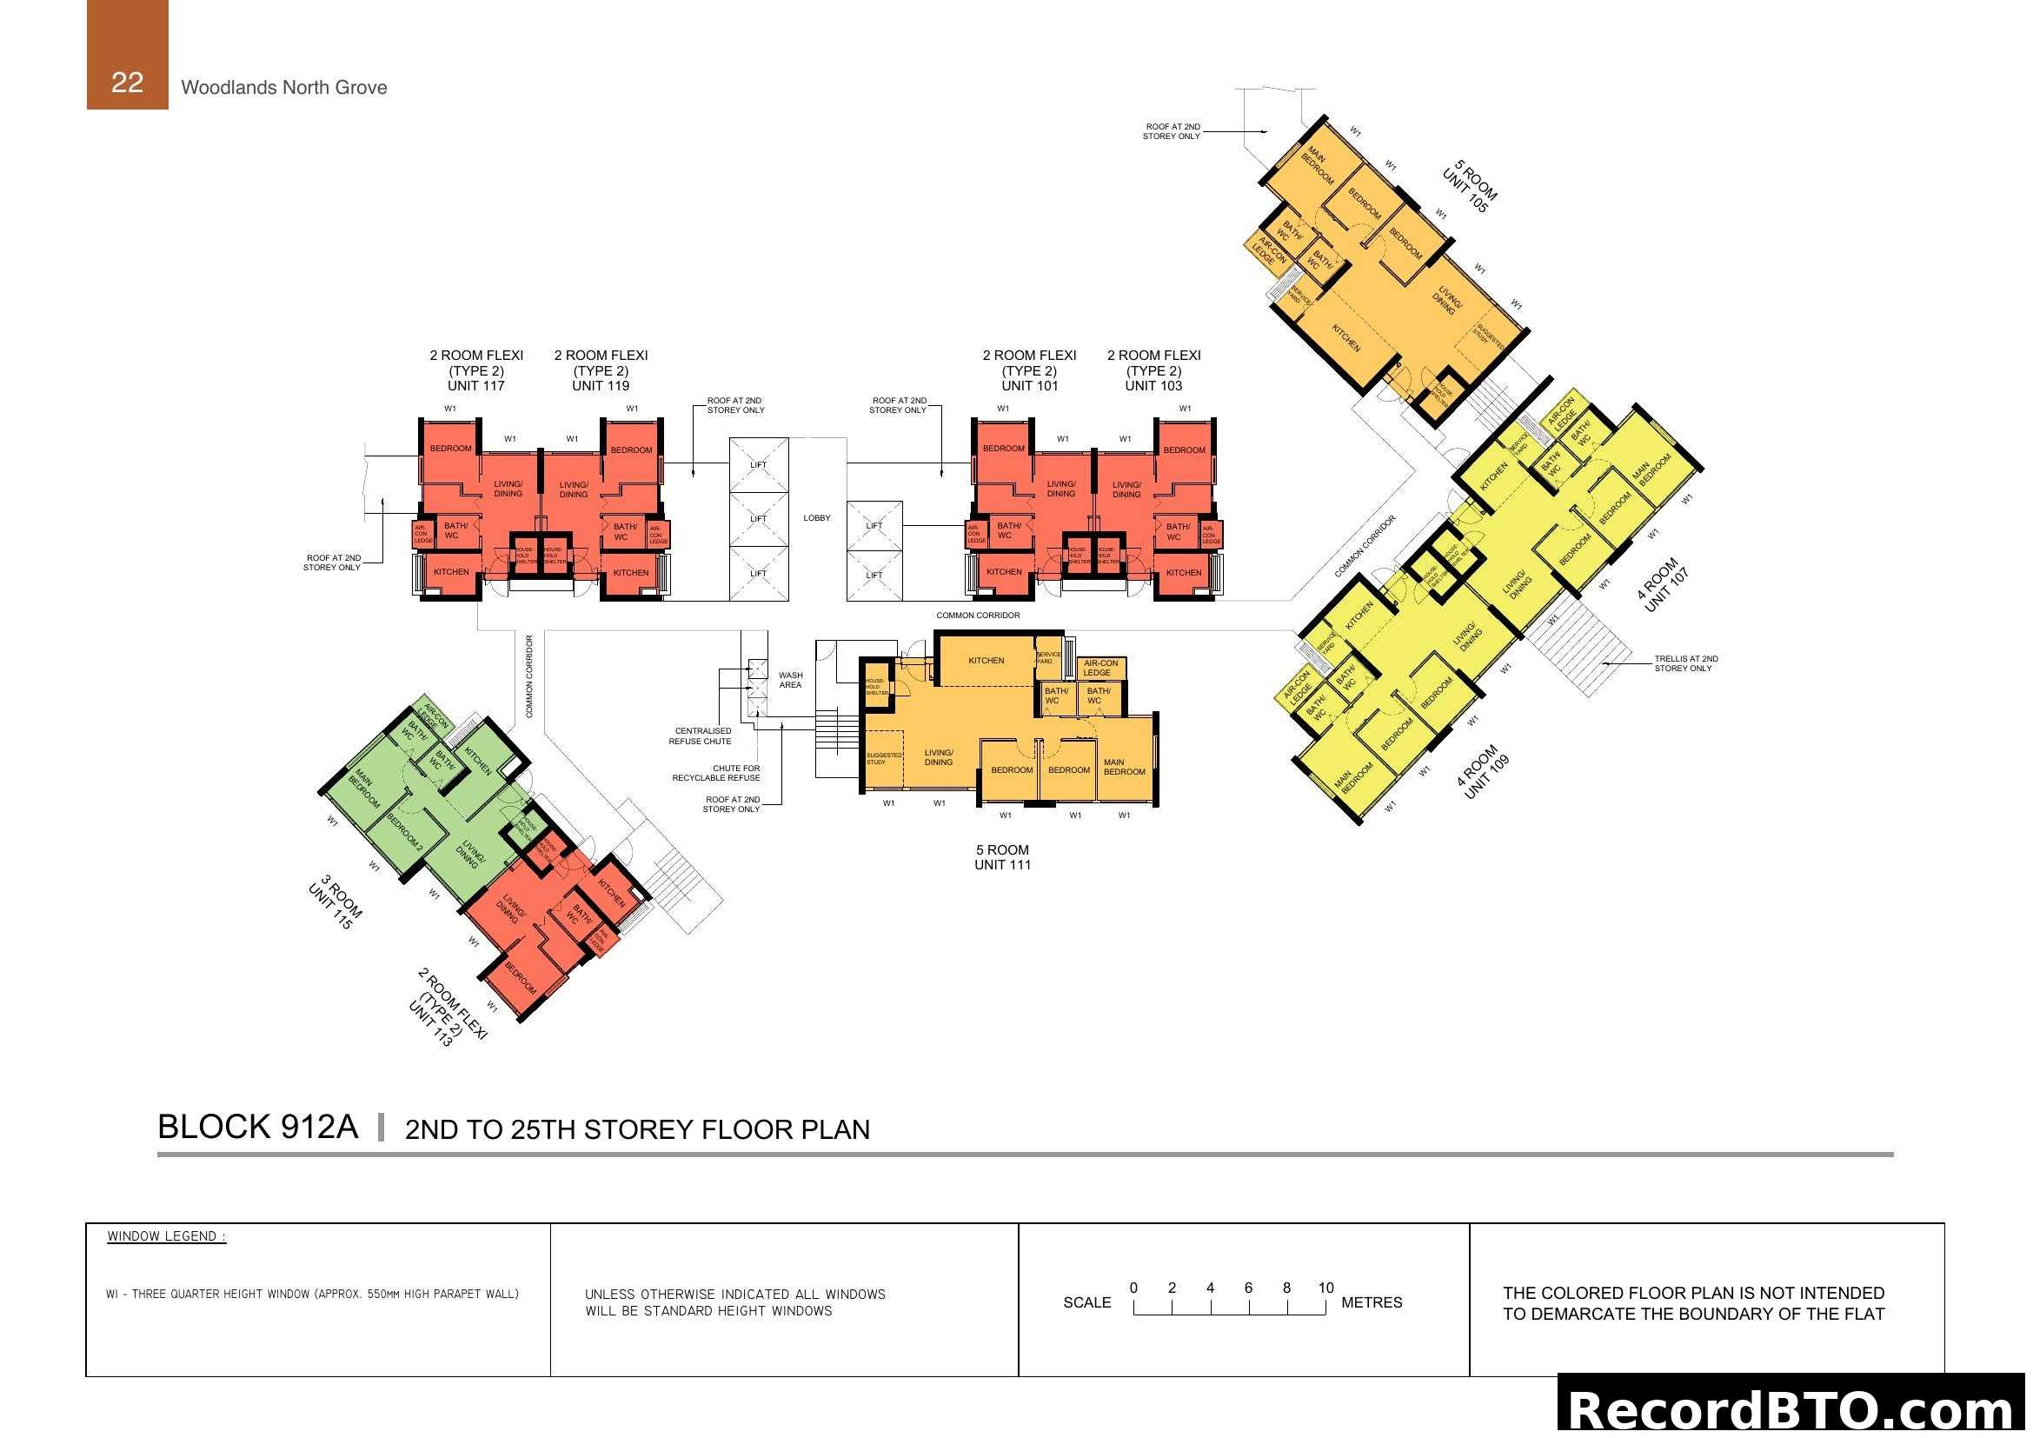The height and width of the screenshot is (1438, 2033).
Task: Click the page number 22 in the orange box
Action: point(127,83)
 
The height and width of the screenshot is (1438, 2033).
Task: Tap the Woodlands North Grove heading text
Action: point(283,88)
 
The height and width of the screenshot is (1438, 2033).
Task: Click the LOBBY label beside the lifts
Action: point(816,518)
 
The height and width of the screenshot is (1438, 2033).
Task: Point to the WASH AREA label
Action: point(790,680)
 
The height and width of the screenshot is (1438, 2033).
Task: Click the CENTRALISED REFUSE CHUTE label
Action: point(701,736)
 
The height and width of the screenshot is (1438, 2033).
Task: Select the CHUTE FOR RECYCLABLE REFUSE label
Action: point(716,773)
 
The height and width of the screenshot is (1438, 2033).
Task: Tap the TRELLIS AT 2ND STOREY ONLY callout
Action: point(1686,663)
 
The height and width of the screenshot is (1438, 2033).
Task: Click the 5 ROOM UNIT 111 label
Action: point(1002,857)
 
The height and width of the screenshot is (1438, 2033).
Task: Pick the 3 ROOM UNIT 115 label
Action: point(336,902)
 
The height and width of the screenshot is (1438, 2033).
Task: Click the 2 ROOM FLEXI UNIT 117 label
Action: point(476,370)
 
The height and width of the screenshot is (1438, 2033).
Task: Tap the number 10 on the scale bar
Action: point(1325,1288)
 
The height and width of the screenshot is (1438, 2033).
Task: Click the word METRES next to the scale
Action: point(1372,1302)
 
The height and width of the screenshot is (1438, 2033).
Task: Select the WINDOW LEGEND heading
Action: point(167,1236)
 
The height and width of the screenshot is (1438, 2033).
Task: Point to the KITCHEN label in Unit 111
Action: point(987,661)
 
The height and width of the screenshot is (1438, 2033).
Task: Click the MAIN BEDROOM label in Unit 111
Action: point(1124,767)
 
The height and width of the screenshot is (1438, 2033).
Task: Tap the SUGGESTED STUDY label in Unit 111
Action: point(883,758)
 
